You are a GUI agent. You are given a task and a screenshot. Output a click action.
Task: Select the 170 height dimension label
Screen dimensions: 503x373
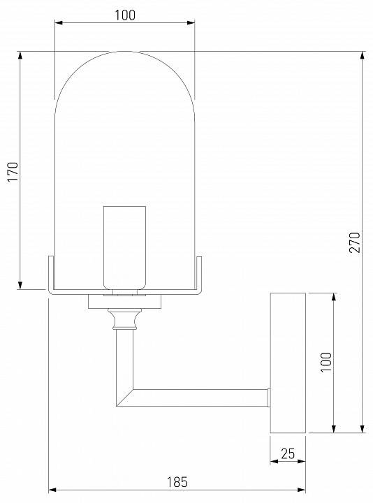click(12, 170)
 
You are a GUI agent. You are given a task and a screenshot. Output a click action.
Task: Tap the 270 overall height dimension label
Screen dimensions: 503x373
click(354, 242)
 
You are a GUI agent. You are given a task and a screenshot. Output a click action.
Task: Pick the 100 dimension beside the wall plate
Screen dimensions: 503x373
click(326, 363)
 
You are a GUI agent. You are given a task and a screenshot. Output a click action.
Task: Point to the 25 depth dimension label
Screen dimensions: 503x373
click(287, 454)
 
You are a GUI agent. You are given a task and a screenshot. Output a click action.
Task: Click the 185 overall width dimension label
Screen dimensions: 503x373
click(177, 482)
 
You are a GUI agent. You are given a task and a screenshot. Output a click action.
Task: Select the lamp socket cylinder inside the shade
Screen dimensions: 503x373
click(124, 246)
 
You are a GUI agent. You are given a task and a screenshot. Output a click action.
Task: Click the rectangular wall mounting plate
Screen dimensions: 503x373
click(288, 363)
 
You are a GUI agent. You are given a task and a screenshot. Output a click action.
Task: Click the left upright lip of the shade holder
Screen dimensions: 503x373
click(50, 272)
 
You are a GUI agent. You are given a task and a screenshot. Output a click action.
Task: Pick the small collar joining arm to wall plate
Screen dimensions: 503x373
click(268, 397)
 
